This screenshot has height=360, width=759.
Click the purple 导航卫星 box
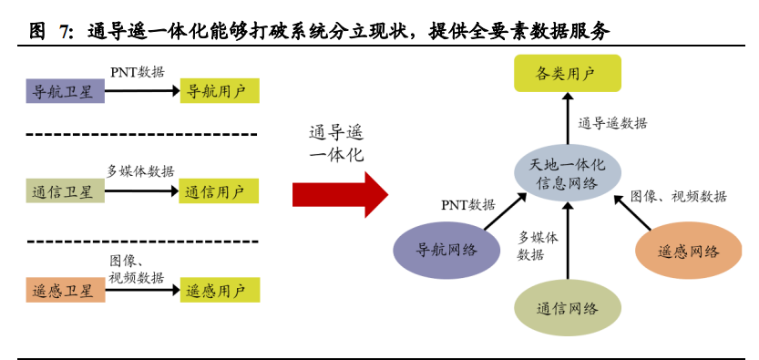click(63, 91)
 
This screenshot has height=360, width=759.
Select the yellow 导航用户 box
click(218, 91)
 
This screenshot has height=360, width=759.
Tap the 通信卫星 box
click(63, 191)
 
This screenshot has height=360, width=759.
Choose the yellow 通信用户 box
click(218, 191)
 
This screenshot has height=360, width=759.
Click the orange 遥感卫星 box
click(63, 291)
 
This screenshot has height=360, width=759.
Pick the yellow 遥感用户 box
click(218, 291)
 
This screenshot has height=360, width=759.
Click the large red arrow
click(339, 193)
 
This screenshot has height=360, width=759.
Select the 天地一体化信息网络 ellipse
click(567, 173)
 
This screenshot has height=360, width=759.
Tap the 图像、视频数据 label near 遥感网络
click(678, 196)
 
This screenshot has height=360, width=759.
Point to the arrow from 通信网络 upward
click(567, 242)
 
